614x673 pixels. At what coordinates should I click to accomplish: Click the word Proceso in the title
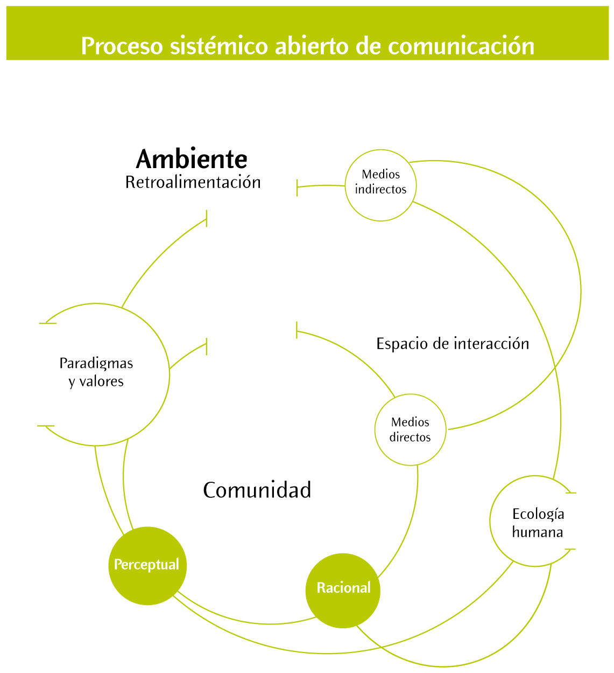(x=122, y=46)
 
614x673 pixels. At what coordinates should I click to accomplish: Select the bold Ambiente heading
(x=192, y=159)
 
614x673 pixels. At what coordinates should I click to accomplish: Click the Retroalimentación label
(x=193, y=183)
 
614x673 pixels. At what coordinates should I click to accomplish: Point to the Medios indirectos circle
(x=380, y=185)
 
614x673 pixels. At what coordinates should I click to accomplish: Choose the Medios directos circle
(x=410, y=429)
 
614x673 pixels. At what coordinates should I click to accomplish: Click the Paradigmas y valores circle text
(x=96, y=372)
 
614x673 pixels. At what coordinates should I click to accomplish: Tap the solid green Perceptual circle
(x=147, y=565)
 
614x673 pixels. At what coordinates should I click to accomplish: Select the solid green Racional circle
(x=343, y=589)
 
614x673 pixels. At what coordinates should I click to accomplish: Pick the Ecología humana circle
(x=535, y=521)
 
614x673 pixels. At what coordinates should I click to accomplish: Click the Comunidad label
(x=257, y=490)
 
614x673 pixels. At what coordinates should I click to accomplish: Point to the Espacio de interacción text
(x=453, y=344)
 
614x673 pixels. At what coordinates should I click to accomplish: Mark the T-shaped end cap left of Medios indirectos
(x=297, y=188)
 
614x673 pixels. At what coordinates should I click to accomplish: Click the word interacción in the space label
(x=491, y=344)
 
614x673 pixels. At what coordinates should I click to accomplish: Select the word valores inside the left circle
(x=102, y=381)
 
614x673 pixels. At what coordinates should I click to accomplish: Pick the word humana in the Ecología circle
(x=537, y=532)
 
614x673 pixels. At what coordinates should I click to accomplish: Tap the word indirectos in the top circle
(x=380, y=190)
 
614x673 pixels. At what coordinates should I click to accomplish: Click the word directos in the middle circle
(x=410, y=438)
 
